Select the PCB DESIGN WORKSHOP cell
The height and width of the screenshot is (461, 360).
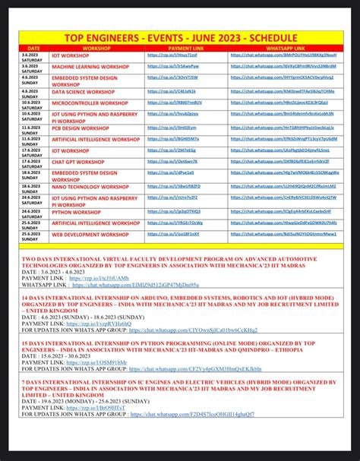tap(81, 128)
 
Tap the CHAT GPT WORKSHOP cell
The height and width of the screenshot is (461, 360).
tap(78, 162)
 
